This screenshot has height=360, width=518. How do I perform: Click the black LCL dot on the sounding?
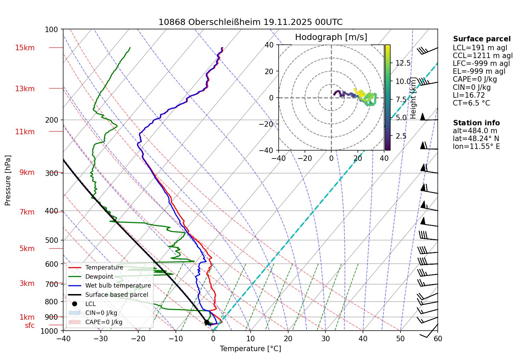(207, 322)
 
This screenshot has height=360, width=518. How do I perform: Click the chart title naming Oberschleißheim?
(250, 22)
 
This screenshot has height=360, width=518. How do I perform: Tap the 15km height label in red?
(25, 48)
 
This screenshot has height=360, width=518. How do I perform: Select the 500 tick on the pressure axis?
(52, 240)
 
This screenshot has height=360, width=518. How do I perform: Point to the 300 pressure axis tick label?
(52, 173)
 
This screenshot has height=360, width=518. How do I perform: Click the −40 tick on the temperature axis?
(63, 338)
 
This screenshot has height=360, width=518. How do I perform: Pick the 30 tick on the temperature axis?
(325, 338)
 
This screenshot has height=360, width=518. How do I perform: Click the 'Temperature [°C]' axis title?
(250, 348)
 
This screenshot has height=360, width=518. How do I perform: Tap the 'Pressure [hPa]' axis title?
(8, 180)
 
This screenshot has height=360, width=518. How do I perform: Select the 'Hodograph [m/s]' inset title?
(331, 37)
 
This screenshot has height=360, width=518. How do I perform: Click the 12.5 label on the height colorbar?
(403, 63)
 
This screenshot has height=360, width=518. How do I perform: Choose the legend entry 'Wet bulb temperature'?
(118, 286)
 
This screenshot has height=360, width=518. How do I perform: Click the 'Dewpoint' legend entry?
(99, 277)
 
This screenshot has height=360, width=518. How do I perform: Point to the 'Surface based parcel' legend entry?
(116, 295)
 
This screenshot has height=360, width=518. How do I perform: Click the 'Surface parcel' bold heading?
(481, 39)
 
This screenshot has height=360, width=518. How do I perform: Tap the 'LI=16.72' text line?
(468, 95)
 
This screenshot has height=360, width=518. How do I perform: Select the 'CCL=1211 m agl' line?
(482, 56)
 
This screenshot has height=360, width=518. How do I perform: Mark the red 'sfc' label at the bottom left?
(30, 326)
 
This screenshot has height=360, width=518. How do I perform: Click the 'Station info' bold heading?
(476, 123)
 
